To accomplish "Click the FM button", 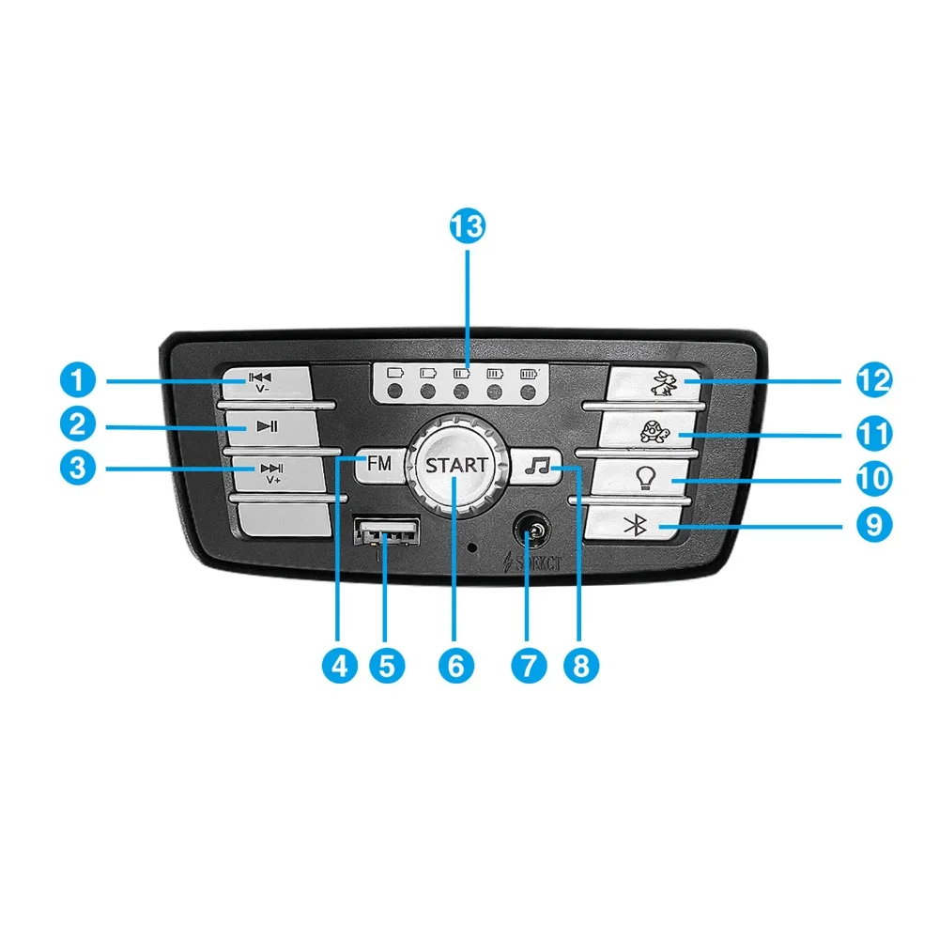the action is [x=379, y=464].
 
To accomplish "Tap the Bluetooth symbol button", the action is [x=638, y=526].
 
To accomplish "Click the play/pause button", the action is [x=267, y=427].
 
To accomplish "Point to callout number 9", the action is [x=874, y=523].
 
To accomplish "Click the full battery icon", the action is [x=529, y=373].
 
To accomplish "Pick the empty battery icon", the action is [x=394, y=373].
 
